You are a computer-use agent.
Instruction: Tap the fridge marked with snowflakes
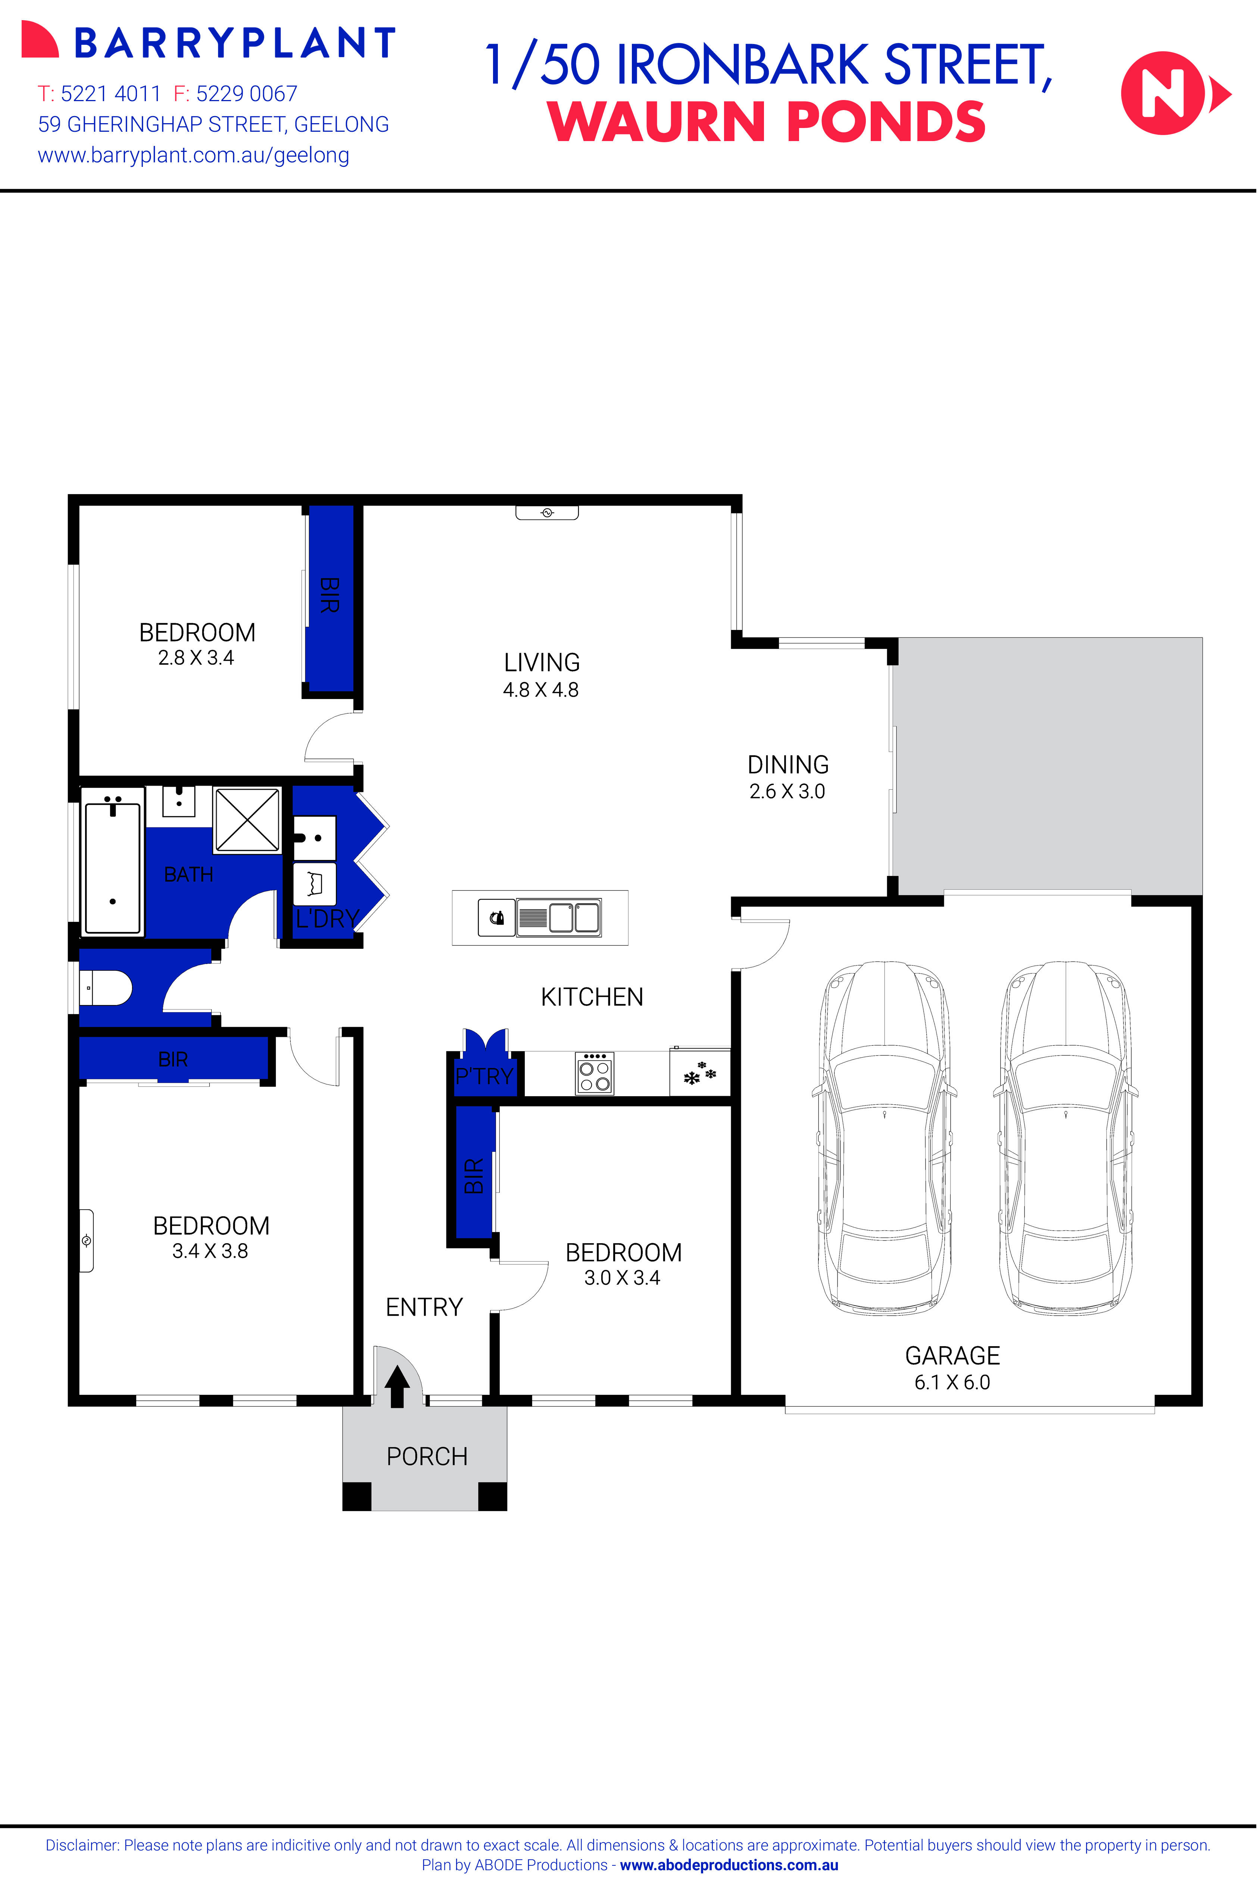[x=699, y=1073]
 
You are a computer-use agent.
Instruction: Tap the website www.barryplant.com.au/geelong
[x=193, y=156]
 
